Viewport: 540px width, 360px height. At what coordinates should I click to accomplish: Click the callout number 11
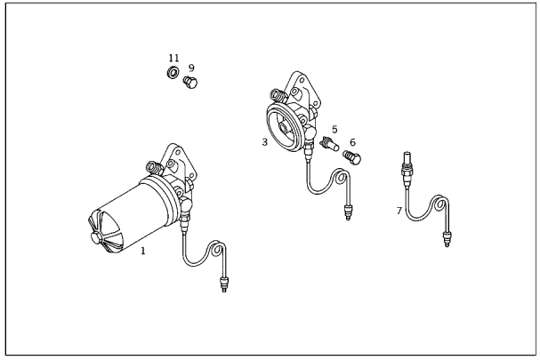pyautogui.click(x=173, y=58)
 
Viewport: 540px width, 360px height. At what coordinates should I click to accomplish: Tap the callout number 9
pyautogui.click(x=191, y=68)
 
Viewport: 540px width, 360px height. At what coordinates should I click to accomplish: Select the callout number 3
pyautogui.click(x=264, y=142)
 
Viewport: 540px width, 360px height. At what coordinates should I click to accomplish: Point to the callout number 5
pyautogui.click(x=334, y=130)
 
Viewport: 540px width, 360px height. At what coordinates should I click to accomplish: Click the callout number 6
pyautogui.click(x=352, y=142)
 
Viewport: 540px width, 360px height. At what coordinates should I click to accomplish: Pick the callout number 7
pyautogui.click(x=399, y=211)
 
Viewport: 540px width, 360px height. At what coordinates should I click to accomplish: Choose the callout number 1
pyautogui.click(x=143, y=251)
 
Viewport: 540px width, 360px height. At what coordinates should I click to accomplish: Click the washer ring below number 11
pyautogui.click(x=173, y=72)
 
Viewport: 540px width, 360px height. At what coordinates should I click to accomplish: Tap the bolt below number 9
pyautogui.click(x=190, y=83)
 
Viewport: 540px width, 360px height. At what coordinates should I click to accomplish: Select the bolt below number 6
pyautogui.click(x=352, y=157)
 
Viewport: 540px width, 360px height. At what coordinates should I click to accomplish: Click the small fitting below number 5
pyautogui.click(x=329, y=143)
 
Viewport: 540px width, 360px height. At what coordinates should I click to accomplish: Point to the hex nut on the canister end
pyautogui.click(x=96, y=237)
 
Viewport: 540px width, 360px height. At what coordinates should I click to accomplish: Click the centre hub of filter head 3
pyautogui.click(x=284, y=129)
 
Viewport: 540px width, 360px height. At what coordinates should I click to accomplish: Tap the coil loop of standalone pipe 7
pyautogui.click(x=439, y=204)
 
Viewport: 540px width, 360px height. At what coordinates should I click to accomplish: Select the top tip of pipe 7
pyautogui.click(x=407, y=153)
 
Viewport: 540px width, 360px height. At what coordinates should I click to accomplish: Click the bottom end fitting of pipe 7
pyautogui.click(x=447, y=239)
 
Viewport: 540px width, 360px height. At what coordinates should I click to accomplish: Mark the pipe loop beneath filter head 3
pyautogui.click(x=341, y=177)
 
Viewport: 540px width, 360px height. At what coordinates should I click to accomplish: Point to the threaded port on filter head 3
pyautogui.click(x=278, y=94)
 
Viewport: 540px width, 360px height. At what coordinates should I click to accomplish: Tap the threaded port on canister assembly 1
pyautogui.click(x=155, y=167)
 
